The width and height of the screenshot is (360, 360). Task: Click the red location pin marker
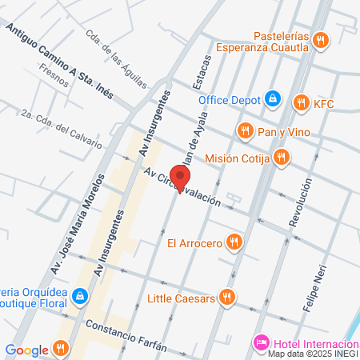tap(182, 179)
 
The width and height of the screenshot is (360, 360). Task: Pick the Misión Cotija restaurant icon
tap(281, 158)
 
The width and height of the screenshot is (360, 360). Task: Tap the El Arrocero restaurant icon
tap(234, 241)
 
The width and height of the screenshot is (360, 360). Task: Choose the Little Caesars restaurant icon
tap(228, 298)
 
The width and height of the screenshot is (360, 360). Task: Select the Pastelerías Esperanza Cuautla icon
tap(320, 40)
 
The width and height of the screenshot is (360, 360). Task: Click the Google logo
tap(26, 350)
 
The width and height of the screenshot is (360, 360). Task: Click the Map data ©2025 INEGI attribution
tap(312, 354)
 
